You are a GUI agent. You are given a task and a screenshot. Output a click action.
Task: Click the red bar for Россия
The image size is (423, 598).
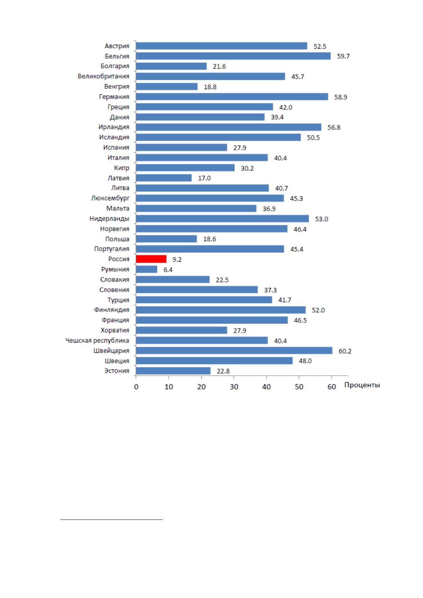click(151, 259)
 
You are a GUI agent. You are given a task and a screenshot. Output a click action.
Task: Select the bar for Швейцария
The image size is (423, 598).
click(234, 350)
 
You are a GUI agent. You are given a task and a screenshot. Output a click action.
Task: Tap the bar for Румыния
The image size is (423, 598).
click(147, 270)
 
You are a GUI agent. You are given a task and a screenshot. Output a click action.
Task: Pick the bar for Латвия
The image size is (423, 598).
click(164, 178)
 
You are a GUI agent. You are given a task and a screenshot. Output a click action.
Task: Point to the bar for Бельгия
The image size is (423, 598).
click(233, 56)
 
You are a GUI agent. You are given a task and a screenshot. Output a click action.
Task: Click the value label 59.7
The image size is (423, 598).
click(343, 56)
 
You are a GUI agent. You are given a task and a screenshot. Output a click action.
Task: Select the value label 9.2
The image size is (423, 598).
click(177, 260)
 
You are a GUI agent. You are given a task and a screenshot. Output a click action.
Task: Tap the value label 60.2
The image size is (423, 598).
click(345, 351)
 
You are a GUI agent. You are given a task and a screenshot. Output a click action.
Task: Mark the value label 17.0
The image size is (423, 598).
click(204, 178)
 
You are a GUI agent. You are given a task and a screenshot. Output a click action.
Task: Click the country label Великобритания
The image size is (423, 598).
click(103, 76)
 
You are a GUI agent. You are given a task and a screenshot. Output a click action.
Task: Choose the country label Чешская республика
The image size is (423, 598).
click(97, 341)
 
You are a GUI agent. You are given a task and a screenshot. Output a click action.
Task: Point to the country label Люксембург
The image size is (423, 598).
click(110, 199)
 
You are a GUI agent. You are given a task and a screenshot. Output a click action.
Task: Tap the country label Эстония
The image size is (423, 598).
click(117, 371)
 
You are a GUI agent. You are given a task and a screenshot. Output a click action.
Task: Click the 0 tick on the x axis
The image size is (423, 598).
click(136, 387)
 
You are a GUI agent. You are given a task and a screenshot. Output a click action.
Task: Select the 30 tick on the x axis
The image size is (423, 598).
click(234, 387)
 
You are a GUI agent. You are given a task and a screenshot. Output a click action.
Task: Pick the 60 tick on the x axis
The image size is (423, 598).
click(332, 387)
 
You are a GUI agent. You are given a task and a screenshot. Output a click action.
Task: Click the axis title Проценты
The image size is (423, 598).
click(362, 385)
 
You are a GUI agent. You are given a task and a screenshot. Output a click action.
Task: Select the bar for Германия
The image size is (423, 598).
click(232, 97)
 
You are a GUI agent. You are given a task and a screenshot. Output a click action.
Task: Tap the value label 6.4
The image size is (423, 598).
click(168, 270)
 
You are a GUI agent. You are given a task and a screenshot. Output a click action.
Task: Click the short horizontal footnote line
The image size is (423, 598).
click(112, 520)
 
